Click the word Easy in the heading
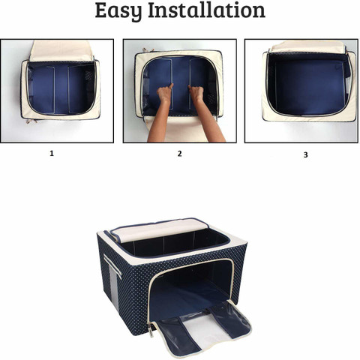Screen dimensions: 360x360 tap(118, 11)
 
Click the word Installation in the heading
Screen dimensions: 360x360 tap(206, 10)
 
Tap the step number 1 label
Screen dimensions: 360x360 tap(52, 153)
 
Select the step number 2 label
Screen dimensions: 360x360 tap(179, 154)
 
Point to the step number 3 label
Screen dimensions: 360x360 tap(305, 154)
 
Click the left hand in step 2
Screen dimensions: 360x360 tap(165, 92)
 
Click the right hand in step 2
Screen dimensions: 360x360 tap(196, 92)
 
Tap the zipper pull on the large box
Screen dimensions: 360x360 tap(151, 330)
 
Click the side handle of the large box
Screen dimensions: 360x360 tap(112, 266)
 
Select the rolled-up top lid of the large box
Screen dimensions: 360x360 tap(159, 229)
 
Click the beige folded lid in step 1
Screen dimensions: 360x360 tap(61, 50)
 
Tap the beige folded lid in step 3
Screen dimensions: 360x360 tap(308, 47)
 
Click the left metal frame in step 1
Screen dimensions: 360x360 tap(54, 89)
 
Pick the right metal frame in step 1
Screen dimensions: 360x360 tap(68, 89)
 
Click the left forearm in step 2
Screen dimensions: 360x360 tap(160, 120)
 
